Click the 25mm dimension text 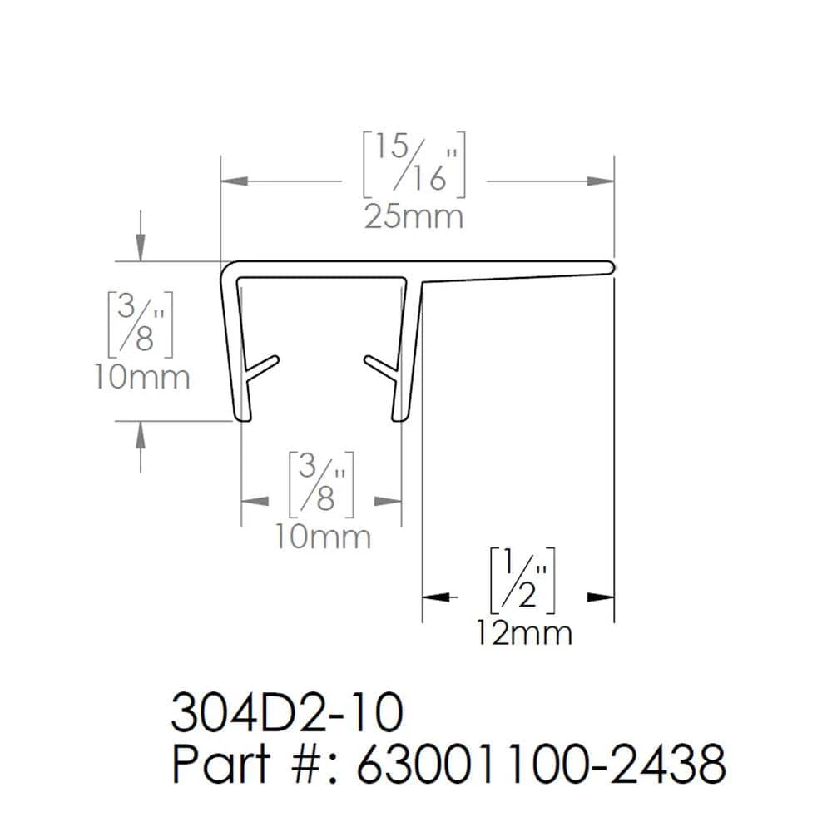click(414, 217)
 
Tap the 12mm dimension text click(523, 633)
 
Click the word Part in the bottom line click(219, 765)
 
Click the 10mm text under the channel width click(323, 537)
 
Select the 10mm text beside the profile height click(141, 377)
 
